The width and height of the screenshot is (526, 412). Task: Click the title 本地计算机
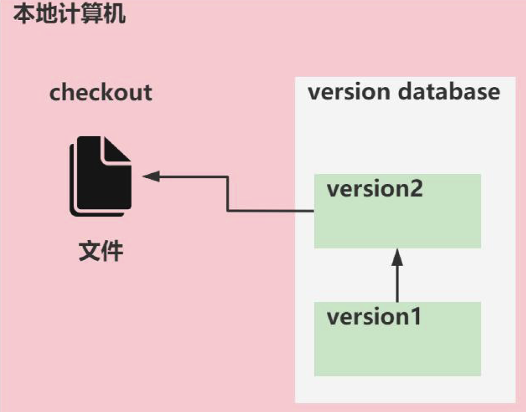69,14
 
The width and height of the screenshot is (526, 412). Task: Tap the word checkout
101,93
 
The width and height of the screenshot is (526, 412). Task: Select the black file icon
100,176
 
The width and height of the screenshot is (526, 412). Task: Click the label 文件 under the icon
101,251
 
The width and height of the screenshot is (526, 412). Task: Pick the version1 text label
373,317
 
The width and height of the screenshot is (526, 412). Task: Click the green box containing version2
397,220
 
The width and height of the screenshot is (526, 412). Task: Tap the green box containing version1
397,347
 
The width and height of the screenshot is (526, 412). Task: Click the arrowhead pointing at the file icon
150,176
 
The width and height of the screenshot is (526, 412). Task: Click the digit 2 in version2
415,189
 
